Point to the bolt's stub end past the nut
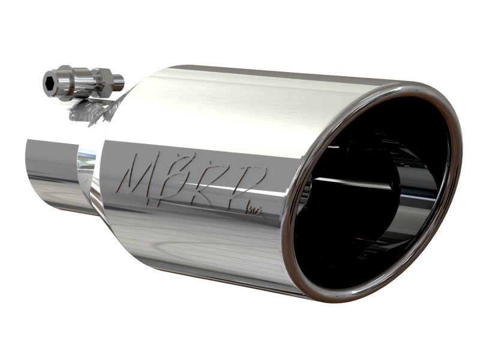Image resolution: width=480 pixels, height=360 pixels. [x=118, y=80]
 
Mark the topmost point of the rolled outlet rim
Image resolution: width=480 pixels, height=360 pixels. [x=420, y=86]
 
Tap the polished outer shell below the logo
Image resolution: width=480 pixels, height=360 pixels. [x=198, y=240]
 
